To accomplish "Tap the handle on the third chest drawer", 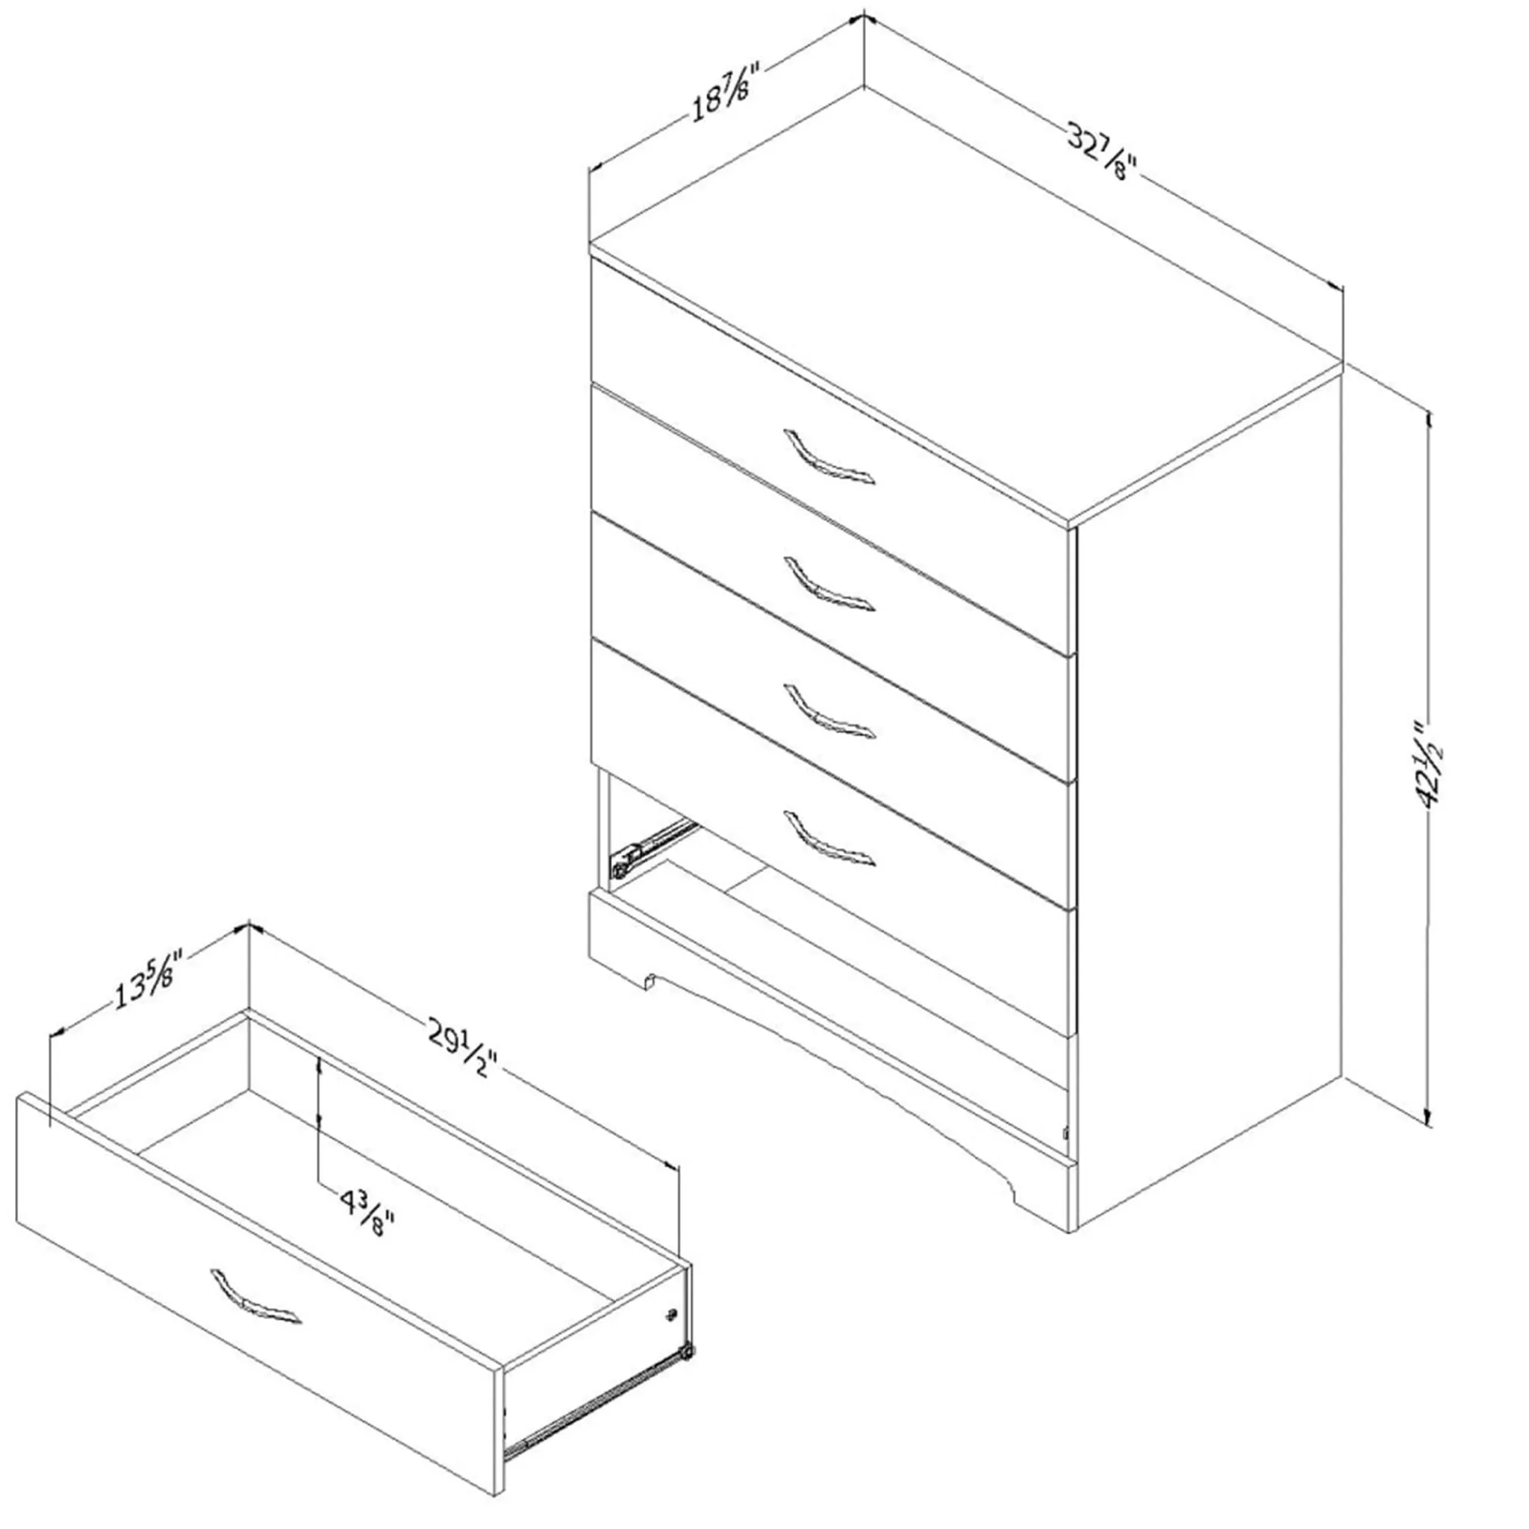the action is [x=829, y=711].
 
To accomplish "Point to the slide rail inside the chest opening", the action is [x=653, y=847].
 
